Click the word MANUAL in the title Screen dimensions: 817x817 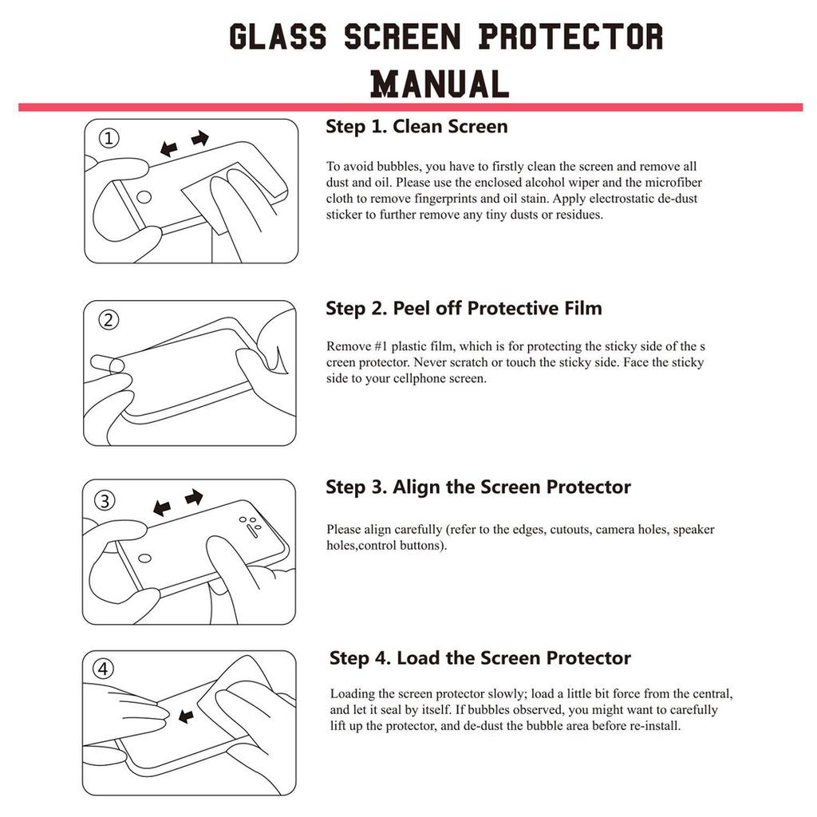pyautogui.click(x=440, y=84)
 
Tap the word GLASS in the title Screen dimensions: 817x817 pyautogui.click(x=278, y=37)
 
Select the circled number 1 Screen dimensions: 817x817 pyautogui.click(x=109, y=139)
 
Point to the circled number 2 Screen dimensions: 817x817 pyautogui.click(x=109, y=320)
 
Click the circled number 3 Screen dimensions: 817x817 pyautogui.click(x=105, y=501)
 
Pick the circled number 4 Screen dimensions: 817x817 pyautogui.click(x=104, y=669)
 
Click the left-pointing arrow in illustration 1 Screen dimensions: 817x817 pyautogui.click(x=168, y=148)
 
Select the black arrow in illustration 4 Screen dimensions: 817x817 pyautogui.click(x=186, y=717)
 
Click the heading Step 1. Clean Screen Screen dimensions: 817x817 pyautogui.click(x=416, y=127)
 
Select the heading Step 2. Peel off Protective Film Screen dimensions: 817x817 pyautogui.click(x=464, y=309)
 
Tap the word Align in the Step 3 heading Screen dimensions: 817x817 pyautogui.click(x=416, y=487)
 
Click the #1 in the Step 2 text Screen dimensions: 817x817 pyautogui.click(x=385, y=346)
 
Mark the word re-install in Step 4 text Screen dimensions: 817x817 pyautogui.click(x=656, y=726)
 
